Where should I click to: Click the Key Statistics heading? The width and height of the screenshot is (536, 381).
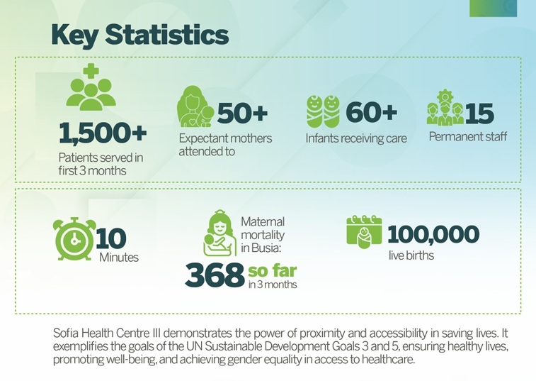pyautogui.click(x=139, y=34)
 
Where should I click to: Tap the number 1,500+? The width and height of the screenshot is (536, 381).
pyautogui.click(x=103, y=132)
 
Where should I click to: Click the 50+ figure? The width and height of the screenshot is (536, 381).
pyautogui.click(x=242, y=112)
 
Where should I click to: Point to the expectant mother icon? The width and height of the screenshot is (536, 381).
pyautogui.click(x=195, y=107)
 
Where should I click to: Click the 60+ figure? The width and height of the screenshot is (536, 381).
pyautogui.click(x=371, y=111)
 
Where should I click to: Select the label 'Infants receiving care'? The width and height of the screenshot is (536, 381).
pyautogui.click(x=356, y=138)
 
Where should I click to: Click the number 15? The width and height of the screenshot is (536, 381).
pyautogui.click(x=480, y=113)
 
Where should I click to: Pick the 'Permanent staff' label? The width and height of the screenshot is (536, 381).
pyautogui.click(x=467, y=136)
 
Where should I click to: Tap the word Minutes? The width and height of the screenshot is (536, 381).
pyautogui.click(x=118, y=257)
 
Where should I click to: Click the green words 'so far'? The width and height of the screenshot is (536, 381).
pyautogui.click(x=272, y=270)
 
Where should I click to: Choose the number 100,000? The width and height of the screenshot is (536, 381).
pyautogui.click(x=433, y=233)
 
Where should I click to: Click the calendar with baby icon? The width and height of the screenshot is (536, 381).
pyautogui.click(x=364, y=231)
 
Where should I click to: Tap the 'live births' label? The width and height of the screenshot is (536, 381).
pyautogui.click(x=411, y=255)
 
